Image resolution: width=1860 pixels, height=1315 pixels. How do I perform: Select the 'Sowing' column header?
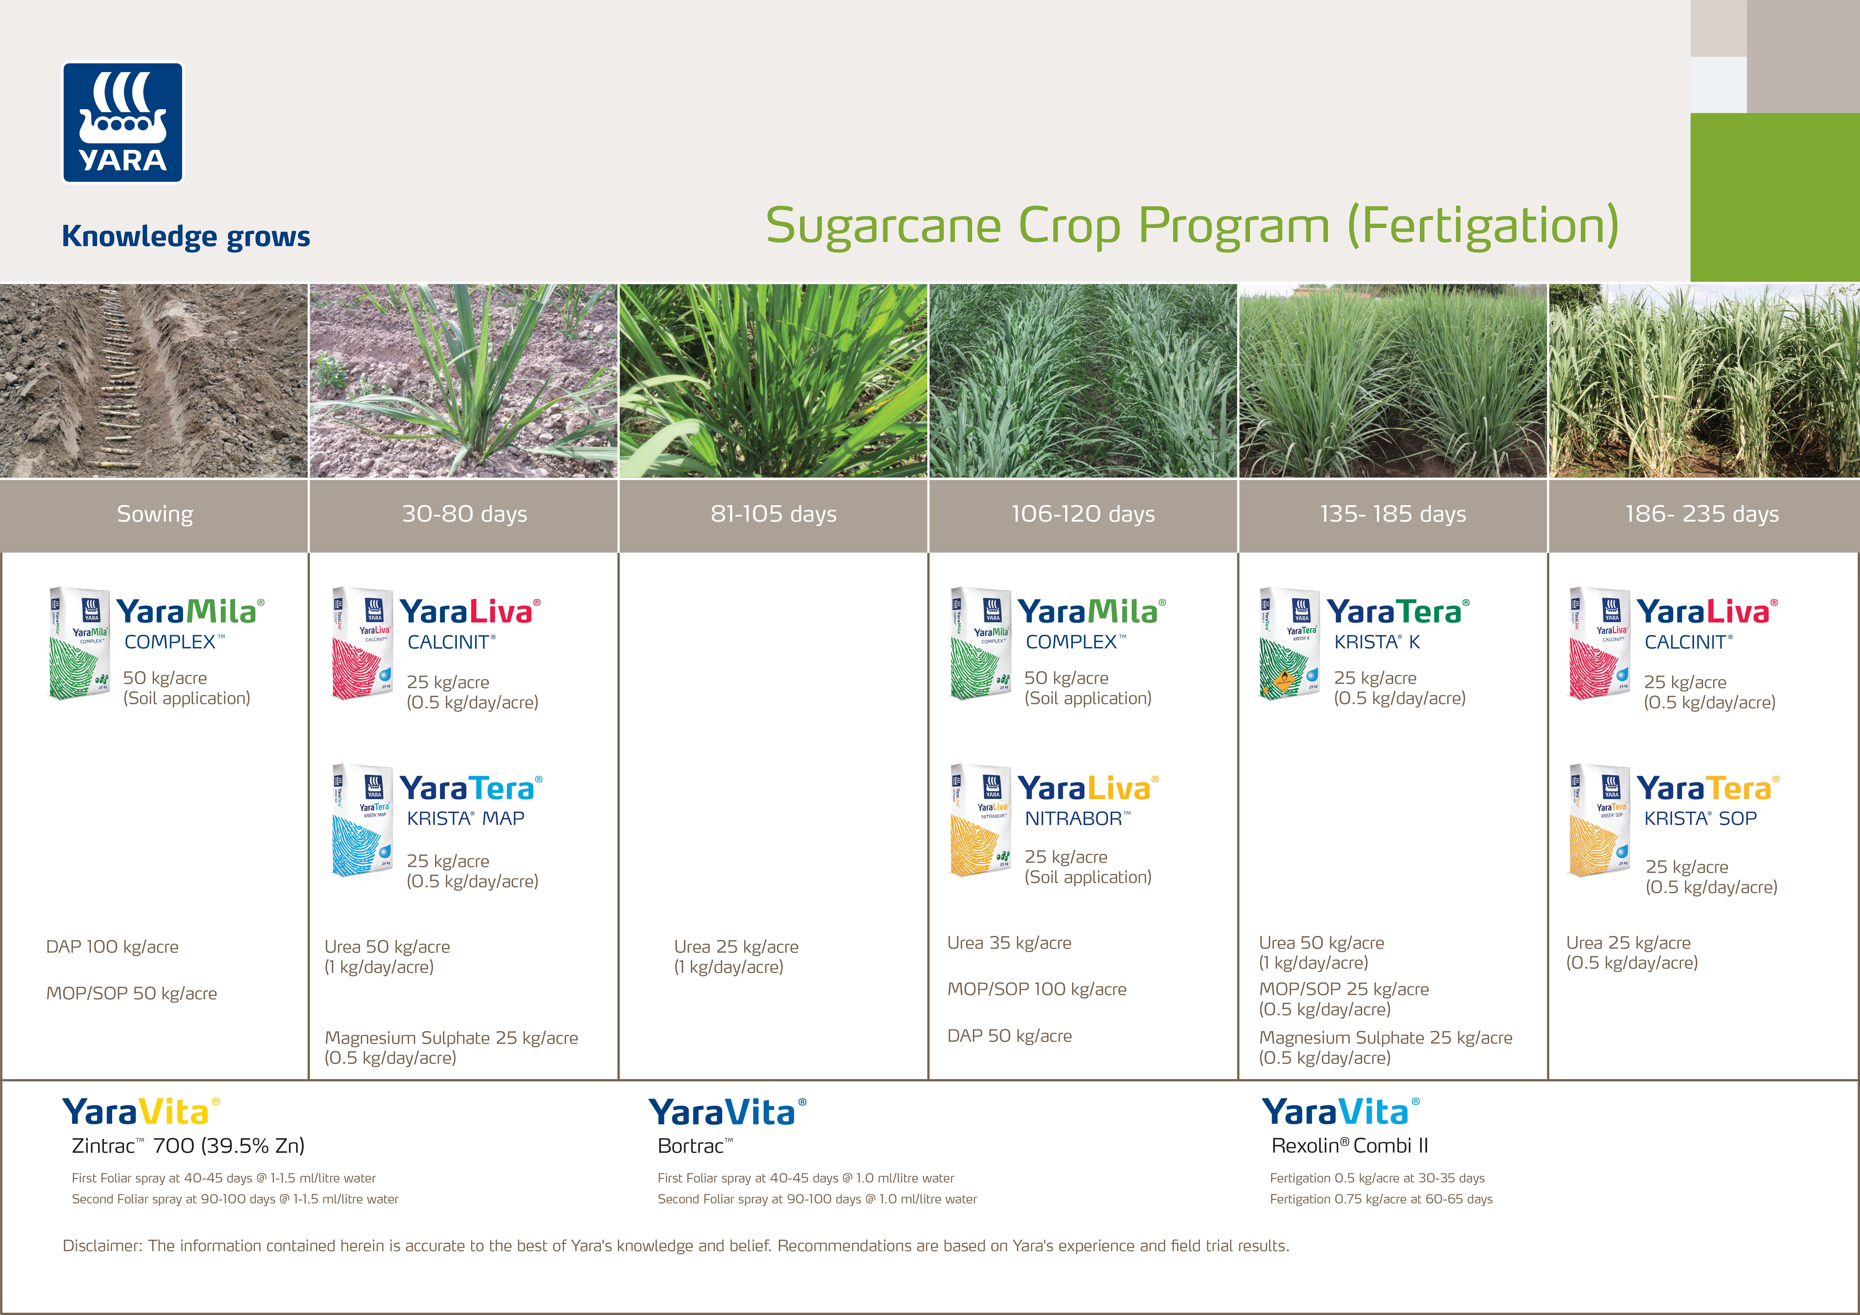pos(155,514)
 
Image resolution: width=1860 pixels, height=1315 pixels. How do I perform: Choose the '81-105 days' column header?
pos(774,514)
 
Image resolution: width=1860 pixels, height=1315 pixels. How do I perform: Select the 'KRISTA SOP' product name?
pos(1700,818)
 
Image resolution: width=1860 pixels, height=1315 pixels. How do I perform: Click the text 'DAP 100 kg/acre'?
pos(113,946)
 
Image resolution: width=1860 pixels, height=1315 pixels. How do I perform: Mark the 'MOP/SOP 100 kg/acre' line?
pos(1037,989)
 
